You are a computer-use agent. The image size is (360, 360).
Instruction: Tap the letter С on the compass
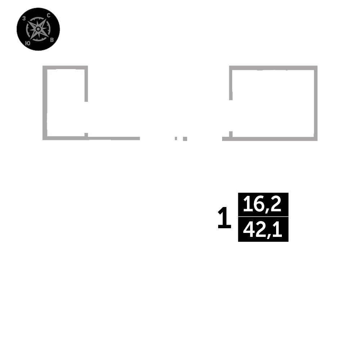click(49, 15)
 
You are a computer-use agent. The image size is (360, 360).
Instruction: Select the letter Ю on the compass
click(27, 43)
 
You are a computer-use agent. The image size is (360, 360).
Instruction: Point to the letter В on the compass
click(52, 39)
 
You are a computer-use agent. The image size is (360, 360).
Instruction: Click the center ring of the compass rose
click(38, 29)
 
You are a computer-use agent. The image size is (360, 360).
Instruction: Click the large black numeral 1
click(224, 218)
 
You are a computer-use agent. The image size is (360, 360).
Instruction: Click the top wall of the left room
click(65, 67)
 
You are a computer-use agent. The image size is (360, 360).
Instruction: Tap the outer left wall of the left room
click(45, 103)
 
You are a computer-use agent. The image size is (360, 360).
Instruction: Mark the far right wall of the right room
click(315, 103)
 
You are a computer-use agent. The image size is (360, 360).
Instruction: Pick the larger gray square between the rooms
click(185, 139)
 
